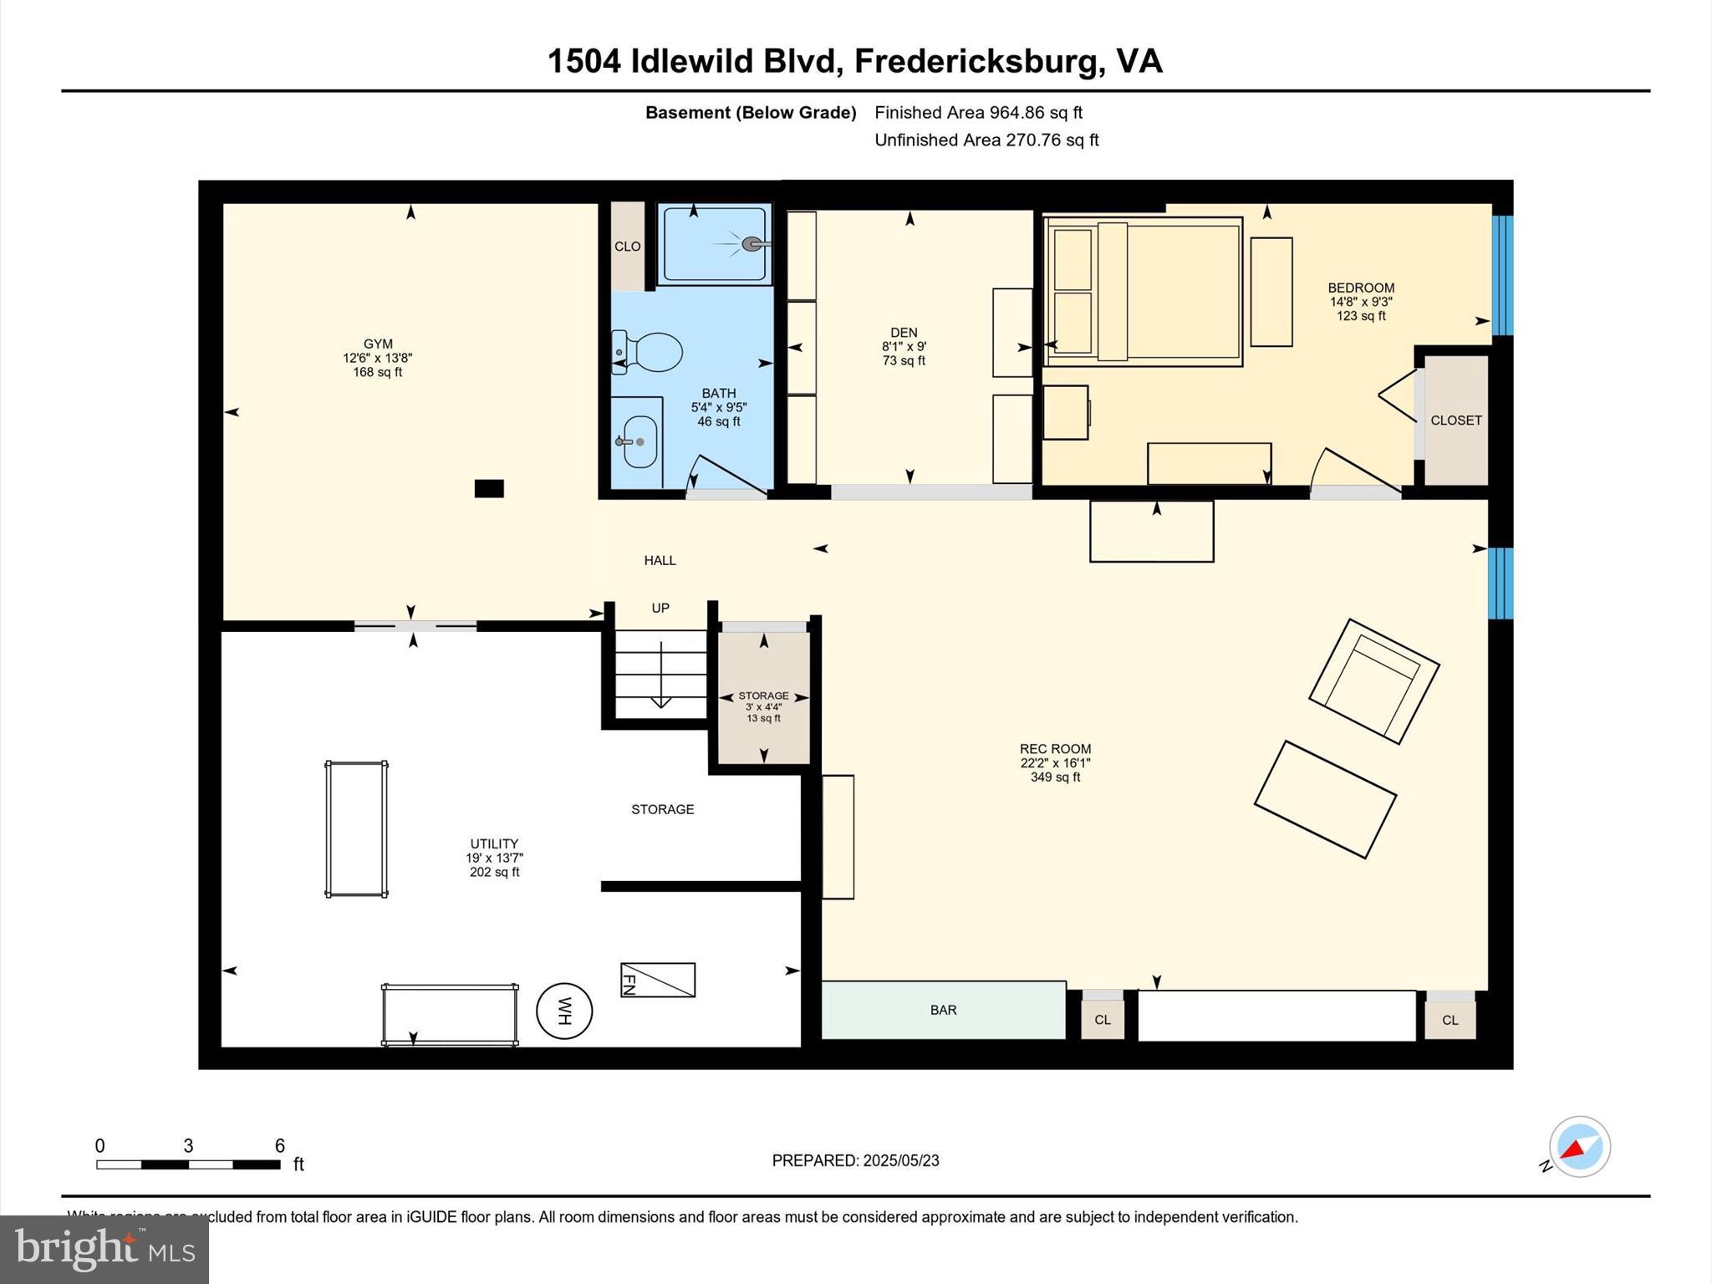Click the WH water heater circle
[564, 1011]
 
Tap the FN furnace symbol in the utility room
[657, 980]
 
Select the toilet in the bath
[648, 352]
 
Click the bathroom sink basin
[640, 441]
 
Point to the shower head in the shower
[754, 244]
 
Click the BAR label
[943, 1010]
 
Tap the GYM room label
[378, 344]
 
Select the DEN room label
[904, 333]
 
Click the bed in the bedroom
[1143, 291]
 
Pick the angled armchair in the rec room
[1373, 681]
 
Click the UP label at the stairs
[660, 608]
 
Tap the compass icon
[1579, 1147]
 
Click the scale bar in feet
[188, 1164]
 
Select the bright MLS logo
[104, 1249]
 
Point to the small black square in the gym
[489, 488]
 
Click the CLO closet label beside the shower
[627, 247]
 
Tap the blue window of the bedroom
[1502, 275]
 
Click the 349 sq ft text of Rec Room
[1055, 777]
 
